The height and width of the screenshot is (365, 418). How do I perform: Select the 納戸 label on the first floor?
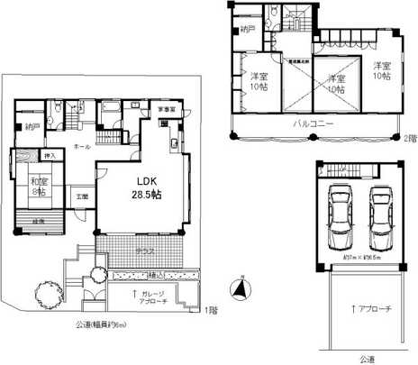pos(32,126)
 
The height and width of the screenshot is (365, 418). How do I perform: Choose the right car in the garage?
pos(382,217)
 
